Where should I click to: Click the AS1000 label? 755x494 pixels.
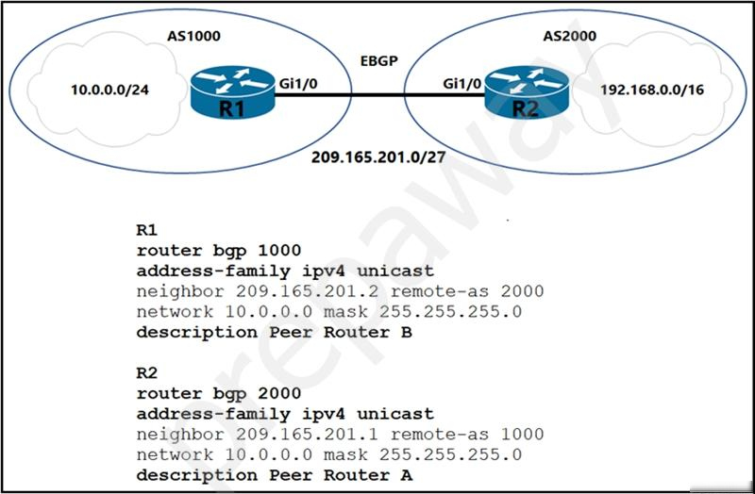tap(193, 36)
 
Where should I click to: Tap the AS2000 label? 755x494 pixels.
tap(570, 36)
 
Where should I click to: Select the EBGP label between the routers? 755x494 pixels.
tap(379, 61)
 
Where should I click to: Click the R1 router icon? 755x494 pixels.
tap(232, 92)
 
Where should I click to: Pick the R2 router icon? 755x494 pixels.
tap(527, 92)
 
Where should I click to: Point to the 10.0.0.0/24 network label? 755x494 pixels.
tap(109, 90)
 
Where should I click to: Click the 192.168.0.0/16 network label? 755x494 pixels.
tap(652, 90)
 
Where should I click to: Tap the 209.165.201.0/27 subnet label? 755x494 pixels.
tap(378, 157)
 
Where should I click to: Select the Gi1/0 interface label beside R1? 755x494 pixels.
tap(298, 84)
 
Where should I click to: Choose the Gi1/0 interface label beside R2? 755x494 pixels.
tap(462, 84)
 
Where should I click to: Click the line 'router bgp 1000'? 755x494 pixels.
tap(219, 251)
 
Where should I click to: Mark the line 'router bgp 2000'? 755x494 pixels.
tap(219, 393)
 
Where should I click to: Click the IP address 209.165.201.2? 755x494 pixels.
tap(307, 291)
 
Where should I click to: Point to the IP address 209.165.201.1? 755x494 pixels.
tap(307, 434)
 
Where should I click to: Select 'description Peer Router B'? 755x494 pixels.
tap(275, 333)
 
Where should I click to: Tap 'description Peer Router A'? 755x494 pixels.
tap(275, 475)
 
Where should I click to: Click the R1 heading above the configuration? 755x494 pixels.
tap(147, 230)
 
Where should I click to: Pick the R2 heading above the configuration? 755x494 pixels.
tap(147, 372)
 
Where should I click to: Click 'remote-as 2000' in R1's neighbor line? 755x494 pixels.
tap(467, 291)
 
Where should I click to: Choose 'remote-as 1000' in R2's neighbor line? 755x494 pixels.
tap(467, 434)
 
